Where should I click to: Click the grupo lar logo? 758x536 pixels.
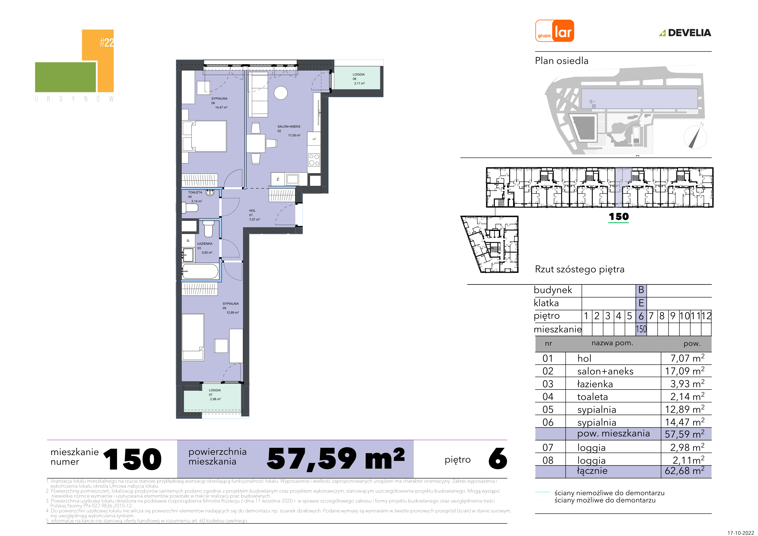(x=555, y=31)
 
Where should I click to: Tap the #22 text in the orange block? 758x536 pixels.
(x=107, y=42)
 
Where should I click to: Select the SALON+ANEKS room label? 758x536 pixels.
(x=289, y=126)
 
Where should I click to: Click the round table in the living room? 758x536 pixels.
(x=281, y=93)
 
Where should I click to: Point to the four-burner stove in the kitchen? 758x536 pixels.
(x=314, y=160)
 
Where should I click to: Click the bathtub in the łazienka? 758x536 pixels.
(x=200, y=272)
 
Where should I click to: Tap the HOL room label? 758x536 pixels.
(x=252, y=211)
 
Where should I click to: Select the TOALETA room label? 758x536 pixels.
(x=195, y=192)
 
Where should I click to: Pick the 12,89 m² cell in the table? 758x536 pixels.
(x=684, y=409)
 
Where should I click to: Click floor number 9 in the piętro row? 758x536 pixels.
(x=673, y=316)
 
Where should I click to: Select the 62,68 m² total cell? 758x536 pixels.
(x=684, y=471)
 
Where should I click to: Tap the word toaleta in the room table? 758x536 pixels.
(x=592, y=397)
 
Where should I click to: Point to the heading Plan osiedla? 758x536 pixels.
(x=562, y=61)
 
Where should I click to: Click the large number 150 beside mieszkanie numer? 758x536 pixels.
(x=132, y=459)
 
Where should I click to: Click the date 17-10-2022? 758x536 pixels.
(x=741, y=532)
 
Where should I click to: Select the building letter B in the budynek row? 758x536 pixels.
(x=641, y=290)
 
